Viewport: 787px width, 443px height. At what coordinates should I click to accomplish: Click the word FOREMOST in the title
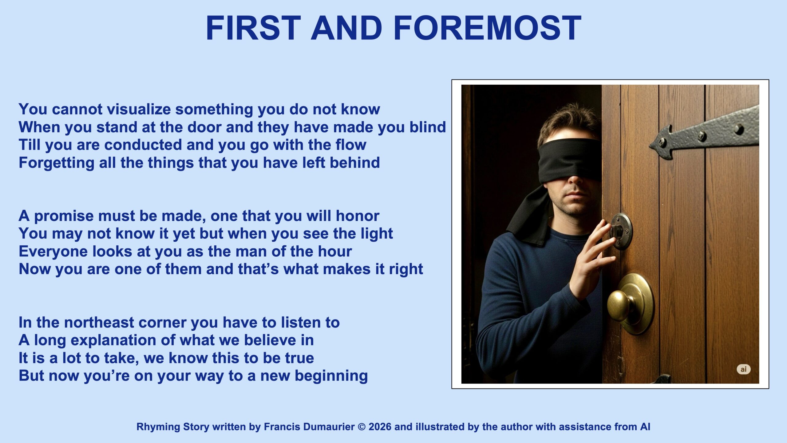pos(487,28)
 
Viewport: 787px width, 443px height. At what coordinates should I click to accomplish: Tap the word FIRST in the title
pos(253,28)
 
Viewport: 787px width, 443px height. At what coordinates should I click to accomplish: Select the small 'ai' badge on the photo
pos(743,369)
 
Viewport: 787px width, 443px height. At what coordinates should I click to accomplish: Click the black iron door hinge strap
pos(704,133)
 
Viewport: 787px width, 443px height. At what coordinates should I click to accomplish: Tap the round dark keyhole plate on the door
pos(621,231)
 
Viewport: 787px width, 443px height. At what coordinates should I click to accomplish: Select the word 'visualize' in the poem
pos(139,109)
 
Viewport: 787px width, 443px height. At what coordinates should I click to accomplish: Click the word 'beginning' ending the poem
pos(331,376)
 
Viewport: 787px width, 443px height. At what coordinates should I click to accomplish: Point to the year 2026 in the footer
pos(380,427)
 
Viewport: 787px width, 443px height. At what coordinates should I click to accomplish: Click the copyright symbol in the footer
pos(362,427)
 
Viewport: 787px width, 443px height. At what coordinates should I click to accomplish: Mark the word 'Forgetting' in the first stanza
pos(57,163)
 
